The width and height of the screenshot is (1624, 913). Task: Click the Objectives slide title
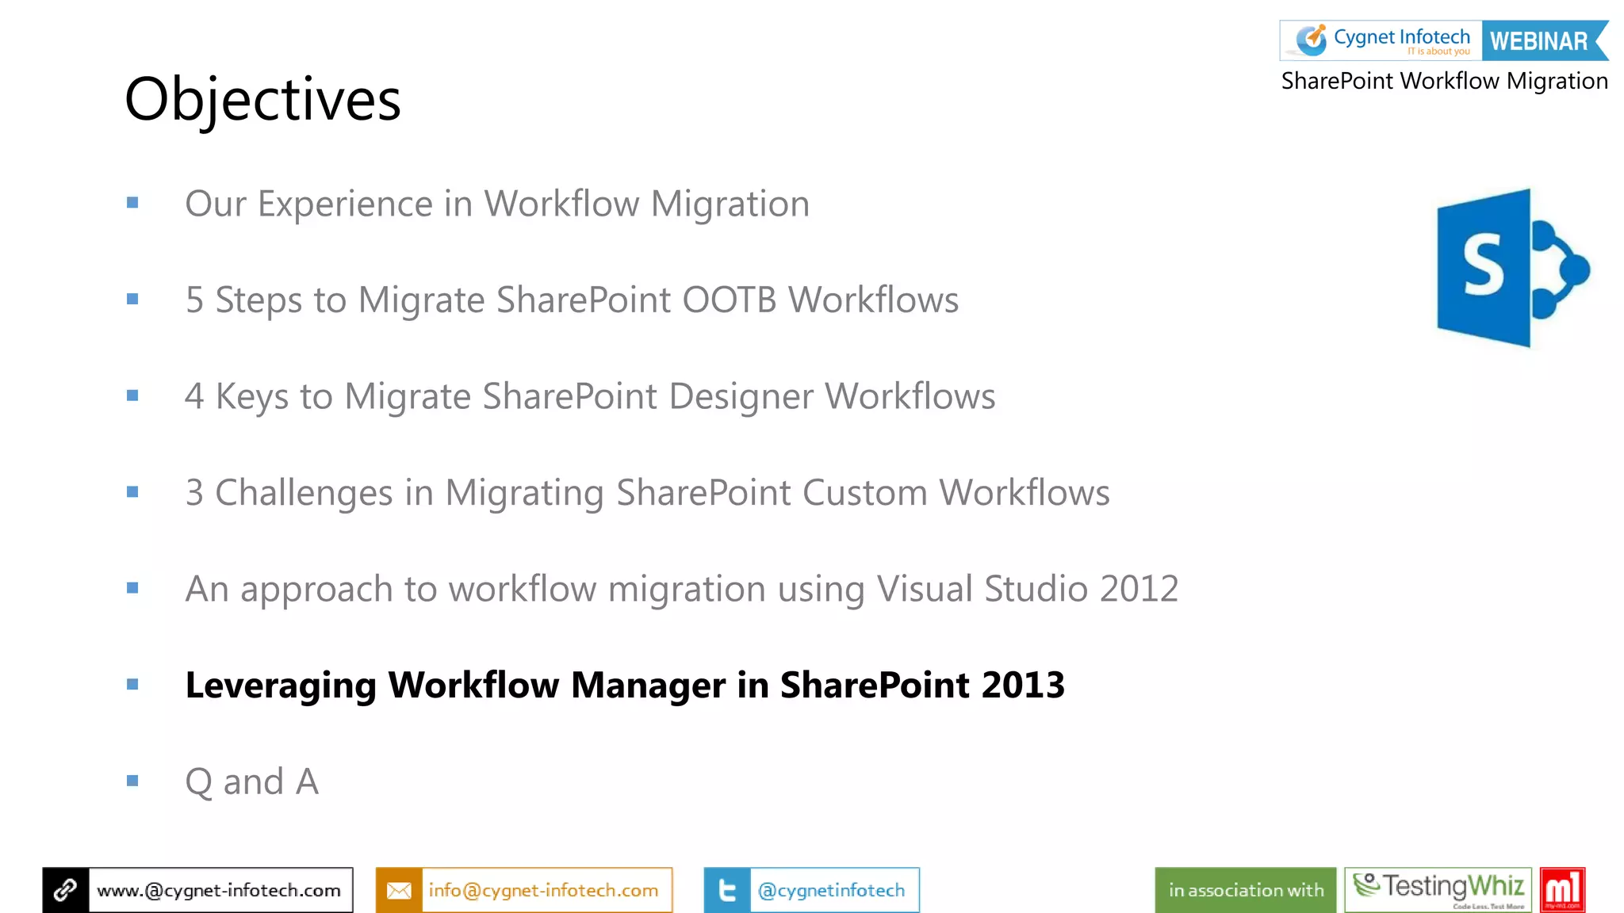click(262, 100)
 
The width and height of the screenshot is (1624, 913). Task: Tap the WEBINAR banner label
click(1539, 41)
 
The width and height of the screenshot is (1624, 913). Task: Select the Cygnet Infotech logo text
click(1401, 37)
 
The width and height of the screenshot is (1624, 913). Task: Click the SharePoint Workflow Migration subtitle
click(1444, 81)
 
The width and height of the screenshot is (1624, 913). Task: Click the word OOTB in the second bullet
click(729, 300)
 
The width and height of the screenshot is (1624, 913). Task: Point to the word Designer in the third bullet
click(741, 396)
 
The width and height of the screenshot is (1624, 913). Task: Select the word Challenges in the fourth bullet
click(304, 493)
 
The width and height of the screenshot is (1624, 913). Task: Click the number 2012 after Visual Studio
click(1139, 589)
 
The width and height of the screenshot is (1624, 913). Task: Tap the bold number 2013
click(1023, 686)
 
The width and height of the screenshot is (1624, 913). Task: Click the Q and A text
click(251, 782)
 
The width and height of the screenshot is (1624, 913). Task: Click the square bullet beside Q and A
click(132, 781)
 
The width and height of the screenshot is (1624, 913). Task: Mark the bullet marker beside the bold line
click(132, 685)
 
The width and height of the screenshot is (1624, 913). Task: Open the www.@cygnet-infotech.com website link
click(219, 891)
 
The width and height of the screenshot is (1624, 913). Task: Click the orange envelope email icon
click(399, 891)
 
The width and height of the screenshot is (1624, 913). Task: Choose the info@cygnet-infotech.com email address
click(543, 891)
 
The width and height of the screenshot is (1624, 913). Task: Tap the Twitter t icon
click(726, 891)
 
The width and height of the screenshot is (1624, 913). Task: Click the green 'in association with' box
click(1245, 891)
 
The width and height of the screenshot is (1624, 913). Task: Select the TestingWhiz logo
click(1438, 890)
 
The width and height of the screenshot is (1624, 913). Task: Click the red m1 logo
click(1562, 890)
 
